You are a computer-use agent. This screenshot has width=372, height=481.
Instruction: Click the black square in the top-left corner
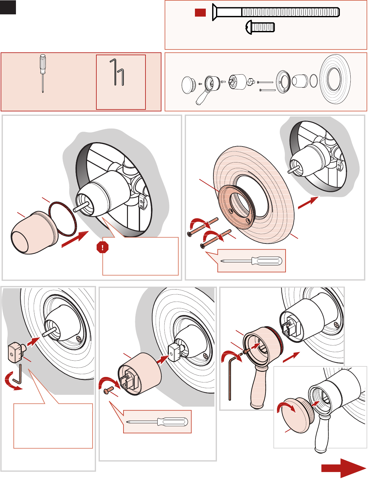(8, 7)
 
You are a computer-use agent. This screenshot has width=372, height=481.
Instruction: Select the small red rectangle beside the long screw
(200, 12)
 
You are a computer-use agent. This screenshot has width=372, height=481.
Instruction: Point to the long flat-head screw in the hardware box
(276, 12)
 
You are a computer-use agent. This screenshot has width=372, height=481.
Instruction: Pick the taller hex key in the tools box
(113, 72)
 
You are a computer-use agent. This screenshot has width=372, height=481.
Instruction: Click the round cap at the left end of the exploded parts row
(188, 85)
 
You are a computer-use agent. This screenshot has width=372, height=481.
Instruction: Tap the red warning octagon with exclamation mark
(103, 247)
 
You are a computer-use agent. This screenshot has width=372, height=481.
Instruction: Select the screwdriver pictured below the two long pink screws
(252, 261)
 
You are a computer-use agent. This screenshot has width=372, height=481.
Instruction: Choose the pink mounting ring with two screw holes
(236, 207)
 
